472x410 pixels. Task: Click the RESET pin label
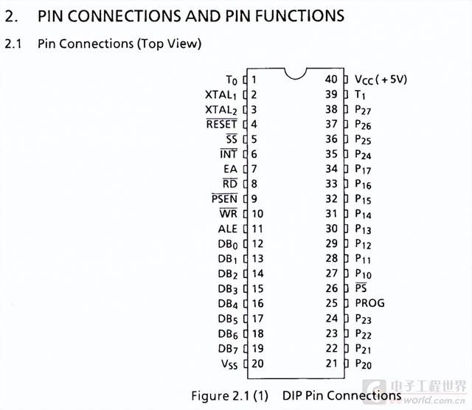(221, 124)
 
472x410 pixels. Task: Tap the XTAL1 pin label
(221, 95)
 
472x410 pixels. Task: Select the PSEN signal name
(224, 198)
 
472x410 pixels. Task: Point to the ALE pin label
(228, 229)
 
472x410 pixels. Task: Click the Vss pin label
(229, 364)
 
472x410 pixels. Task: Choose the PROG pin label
(369, 303)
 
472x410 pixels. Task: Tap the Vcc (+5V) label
(381, 80)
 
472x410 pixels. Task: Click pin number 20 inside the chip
(257, 364)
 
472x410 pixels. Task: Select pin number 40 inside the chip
(331, 79)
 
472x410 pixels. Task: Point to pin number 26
(331, 288)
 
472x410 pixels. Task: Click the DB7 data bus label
(228, 350)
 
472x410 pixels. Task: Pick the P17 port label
(363, 169)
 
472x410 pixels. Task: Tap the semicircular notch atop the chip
(296, 76)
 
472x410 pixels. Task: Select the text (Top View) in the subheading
(169, 44)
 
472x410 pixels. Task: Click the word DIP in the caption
(292, 395)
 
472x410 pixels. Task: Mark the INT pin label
(229, 154)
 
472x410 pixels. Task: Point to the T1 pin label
(360, 95)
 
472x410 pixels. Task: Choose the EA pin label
(230, 169)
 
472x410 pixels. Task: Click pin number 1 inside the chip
(254, 80)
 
